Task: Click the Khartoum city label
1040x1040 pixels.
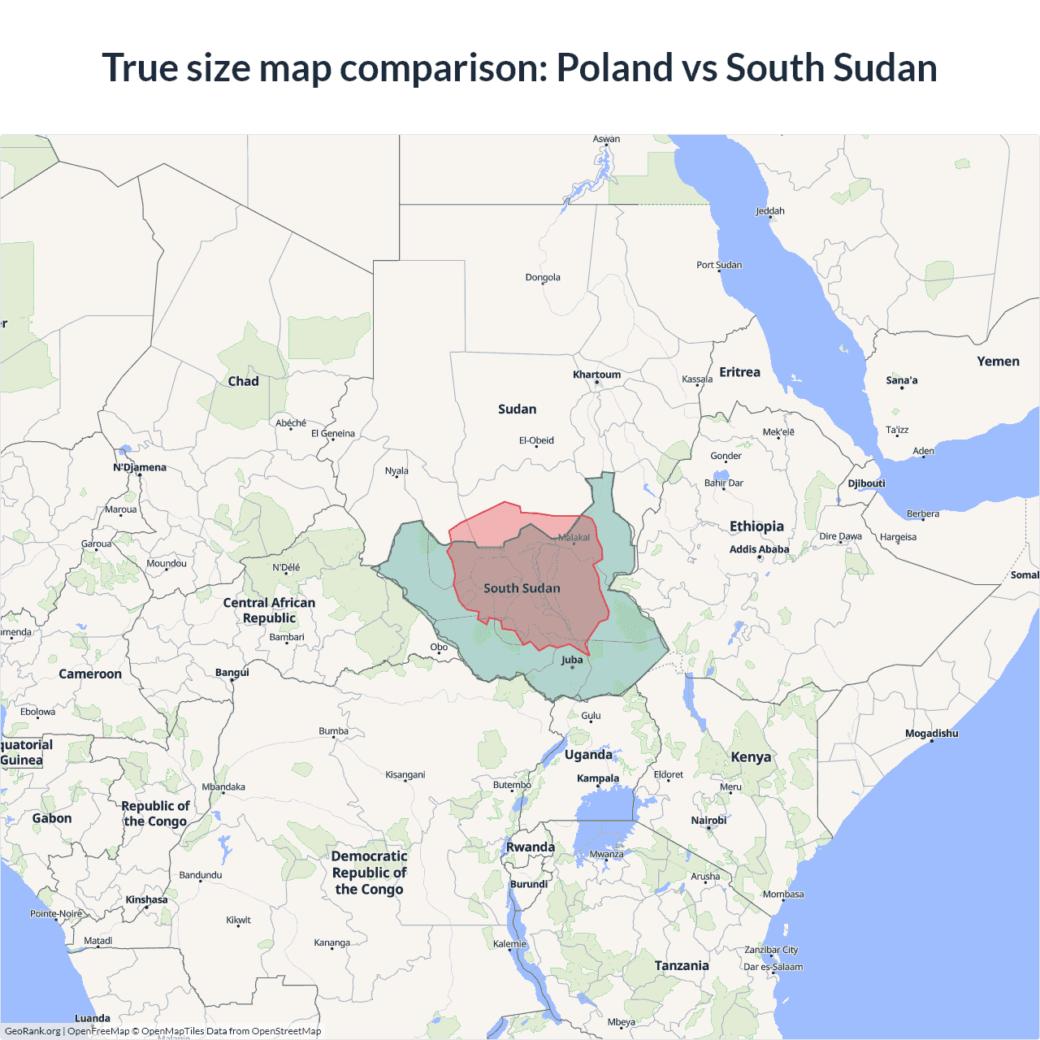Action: (596, 375)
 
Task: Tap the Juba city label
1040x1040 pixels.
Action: (572, 660)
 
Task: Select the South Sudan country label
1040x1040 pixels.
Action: (522, 588)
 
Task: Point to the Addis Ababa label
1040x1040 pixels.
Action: (759, 549)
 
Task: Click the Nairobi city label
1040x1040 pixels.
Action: (708, 821)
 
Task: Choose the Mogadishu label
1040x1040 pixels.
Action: (931, 734)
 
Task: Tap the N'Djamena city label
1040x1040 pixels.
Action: (140, 467)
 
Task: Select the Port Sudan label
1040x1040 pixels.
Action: (719, 265)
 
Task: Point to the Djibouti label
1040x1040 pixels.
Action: (866, 483)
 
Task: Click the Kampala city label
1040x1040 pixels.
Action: (598, 778)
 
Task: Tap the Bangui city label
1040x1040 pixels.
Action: (232, 673)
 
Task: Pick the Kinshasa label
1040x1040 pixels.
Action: (146, 899)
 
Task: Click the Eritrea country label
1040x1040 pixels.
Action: (739, 372)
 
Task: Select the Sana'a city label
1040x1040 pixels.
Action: (902, 380)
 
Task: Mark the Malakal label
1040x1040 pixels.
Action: (574, 538)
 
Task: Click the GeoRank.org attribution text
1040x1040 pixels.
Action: (32, 1031)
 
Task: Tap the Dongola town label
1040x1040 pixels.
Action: (543, 278)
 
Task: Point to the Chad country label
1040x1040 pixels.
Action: (243, 381)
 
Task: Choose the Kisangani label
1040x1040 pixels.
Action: (405, 775)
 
